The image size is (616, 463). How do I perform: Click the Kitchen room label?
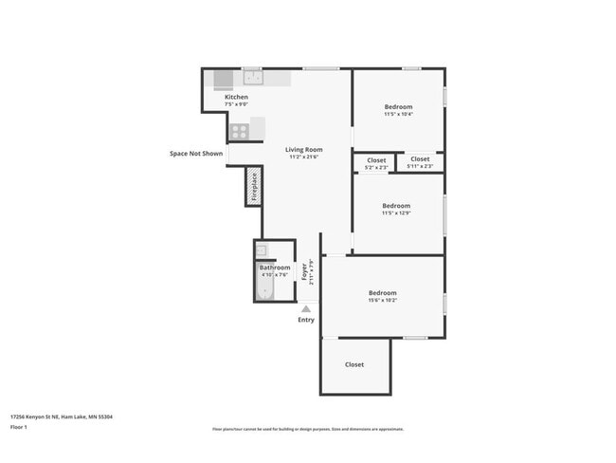tap(236, 98)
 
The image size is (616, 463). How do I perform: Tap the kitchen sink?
tap(252, 78)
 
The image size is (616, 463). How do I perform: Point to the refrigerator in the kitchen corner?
tap(223, 79)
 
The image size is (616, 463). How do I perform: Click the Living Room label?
tap(304, 149)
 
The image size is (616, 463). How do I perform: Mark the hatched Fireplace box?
tap(254, 186)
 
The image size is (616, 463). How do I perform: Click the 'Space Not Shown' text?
tap(196, 153)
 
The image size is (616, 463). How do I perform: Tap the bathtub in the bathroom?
tap(265, 288)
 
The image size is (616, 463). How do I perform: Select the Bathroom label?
tap(275, 268)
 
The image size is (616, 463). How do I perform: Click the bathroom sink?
tap(263, 251)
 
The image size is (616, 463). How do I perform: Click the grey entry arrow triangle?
tap(306, 308)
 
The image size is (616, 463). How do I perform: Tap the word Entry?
tap(306, 320)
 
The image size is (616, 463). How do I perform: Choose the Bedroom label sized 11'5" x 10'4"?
tap(398, 106)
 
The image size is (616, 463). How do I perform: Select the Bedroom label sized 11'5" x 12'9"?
tap(396, 206)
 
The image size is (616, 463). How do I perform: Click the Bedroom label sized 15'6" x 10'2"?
tap(382, 293)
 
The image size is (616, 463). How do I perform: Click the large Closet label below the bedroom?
tap(354, 364)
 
